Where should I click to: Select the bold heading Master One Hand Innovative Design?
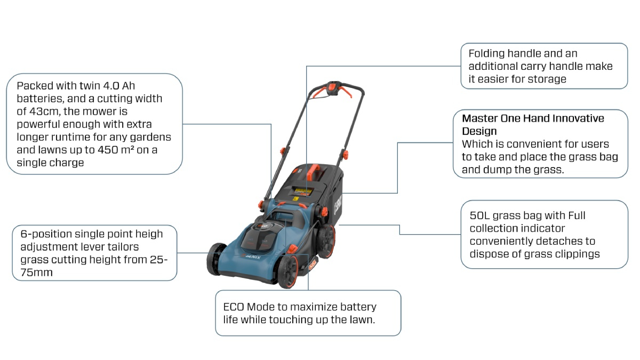pyautogui.click(x=533, y=124)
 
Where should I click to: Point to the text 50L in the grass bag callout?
pyautogui.click(x=479, y=215)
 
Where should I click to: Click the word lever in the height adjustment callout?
pyautogui.click(x=107, y=247)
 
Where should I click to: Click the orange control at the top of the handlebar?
pyautogui.click(x=334, y=88)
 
